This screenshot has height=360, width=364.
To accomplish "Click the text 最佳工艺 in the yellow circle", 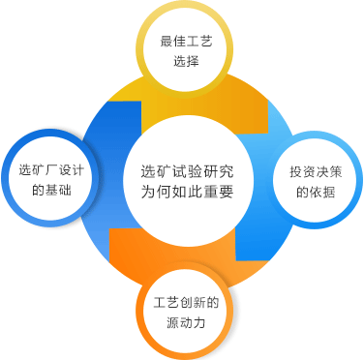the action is coord(186,42).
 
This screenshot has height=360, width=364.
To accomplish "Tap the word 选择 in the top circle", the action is coord(186,61).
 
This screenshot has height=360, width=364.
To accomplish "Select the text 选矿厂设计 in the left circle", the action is coord(51,170).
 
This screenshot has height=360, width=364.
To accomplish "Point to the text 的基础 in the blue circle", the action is coord(51,190).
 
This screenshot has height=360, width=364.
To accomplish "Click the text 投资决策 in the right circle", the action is coord(316,172).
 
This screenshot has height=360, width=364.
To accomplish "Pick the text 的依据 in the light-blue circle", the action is coord(316,192).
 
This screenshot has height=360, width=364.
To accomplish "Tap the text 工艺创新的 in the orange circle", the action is coord(186,303).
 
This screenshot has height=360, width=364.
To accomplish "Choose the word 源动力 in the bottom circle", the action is coord(186,322).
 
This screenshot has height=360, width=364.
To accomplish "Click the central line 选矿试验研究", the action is coord(187,171).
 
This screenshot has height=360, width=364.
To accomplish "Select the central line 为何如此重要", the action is coord(187,192).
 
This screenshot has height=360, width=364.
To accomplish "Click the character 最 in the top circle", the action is coord(167,42).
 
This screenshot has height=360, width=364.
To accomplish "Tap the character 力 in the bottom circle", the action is coord(199,322).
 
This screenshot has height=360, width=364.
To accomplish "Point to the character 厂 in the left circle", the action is coord(51,170).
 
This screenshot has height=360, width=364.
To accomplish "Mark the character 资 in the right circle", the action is coord(309,172).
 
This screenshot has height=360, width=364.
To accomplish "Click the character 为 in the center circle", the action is coord(148,192).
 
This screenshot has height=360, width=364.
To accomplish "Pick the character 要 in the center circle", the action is coord(226,192).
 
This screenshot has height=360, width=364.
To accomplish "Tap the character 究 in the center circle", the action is coord(226,171).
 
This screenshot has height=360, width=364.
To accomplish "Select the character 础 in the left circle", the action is coord(65,190).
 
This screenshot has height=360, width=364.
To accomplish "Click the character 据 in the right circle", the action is coord(328,192).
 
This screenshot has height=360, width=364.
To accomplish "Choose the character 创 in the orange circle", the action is coord(186,303).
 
